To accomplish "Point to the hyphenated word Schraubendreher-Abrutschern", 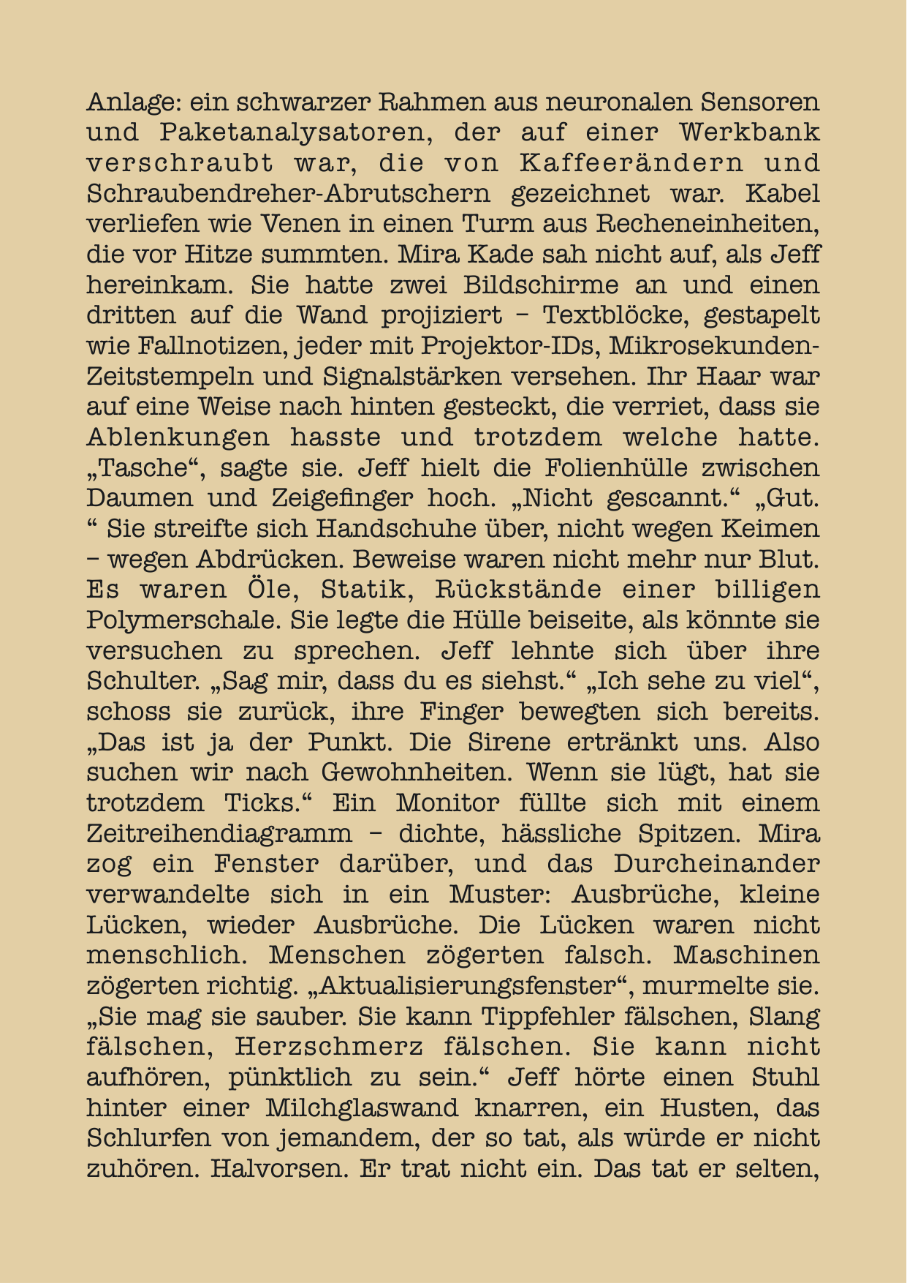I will (289, 194).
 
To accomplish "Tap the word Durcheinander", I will (716, 864).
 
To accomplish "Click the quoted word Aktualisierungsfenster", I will (474, 986).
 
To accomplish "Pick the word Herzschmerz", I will (329, 1047).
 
